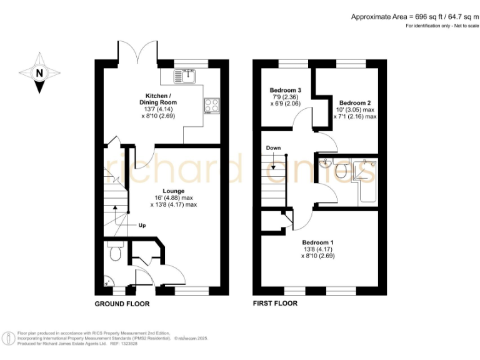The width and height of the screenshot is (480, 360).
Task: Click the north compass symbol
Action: (40, 73)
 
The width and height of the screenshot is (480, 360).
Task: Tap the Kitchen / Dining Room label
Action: (157, 99)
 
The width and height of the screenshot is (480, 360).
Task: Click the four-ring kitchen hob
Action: (211, 106)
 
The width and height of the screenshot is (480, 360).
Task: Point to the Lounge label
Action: (173, 191)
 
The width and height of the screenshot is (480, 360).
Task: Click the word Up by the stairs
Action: (142, 226)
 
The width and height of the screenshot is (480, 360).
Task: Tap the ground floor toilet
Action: (114, 253)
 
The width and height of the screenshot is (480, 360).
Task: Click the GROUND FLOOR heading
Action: (122, 304)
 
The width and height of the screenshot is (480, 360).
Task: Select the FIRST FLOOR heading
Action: (275, 304)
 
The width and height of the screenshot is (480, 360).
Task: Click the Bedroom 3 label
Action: (285, 89)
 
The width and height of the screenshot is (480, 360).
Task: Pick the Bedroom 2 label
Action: (355, 102)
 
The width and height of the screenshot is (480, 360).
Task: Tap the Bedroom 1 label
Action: (318, 242)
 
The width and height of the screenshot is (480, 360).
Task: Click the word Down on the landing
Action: (273, 148)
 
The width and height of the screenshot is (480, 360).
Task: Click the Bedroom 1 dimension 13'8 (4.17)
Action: (318, 249)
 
